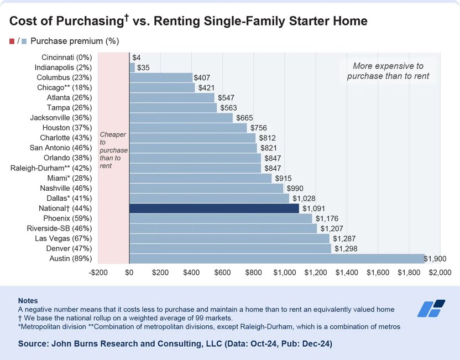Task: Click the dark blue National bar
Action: click(x=214, y=208)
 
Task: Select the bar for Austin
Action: click(x=276, y=259)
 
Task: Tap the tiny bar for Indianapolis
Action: click(x=132, y=67)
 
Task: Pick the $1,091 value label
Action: click(x=314, y=208)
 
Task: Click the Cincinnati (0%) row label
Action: click(x=66, y=57)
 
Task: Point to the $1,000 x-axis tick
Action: click(x=285, y=273)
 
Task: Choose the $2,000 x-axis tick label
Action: click(x=440, y=273)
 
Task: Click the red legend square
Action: click(x=12, y=41)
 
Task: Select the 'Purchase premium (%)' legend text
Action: click(x=75, y=41)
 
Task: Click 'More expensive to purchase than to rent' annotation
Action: click(x=388, y=71)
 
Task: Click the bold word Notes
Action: click(x=28, y=300)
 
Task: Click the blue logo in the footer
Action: click(x=431, y=308)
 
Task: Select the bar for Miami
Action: click(x=200, y=178)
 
